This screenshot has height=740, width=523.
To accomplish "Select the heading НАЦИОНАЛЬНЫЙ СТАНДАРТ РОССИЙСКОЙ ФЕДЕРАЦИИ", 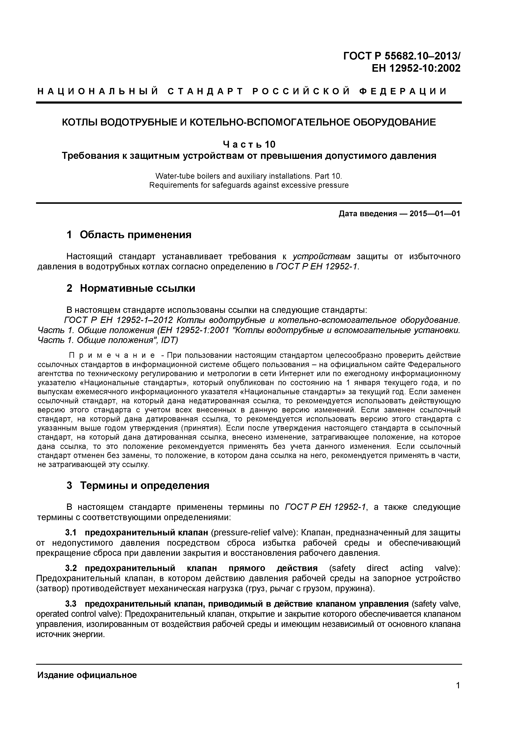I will point(242,92).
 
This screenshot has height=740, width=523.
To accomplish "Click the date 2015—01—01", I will point(434,214).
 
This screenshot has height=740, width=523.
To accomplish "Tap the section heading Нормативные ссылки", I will point(137,288).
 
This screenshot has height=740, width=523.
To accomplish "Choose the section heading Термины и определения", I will point(145,485).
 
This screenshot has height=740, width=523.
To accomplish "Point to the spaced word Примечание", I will point(112,355).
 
